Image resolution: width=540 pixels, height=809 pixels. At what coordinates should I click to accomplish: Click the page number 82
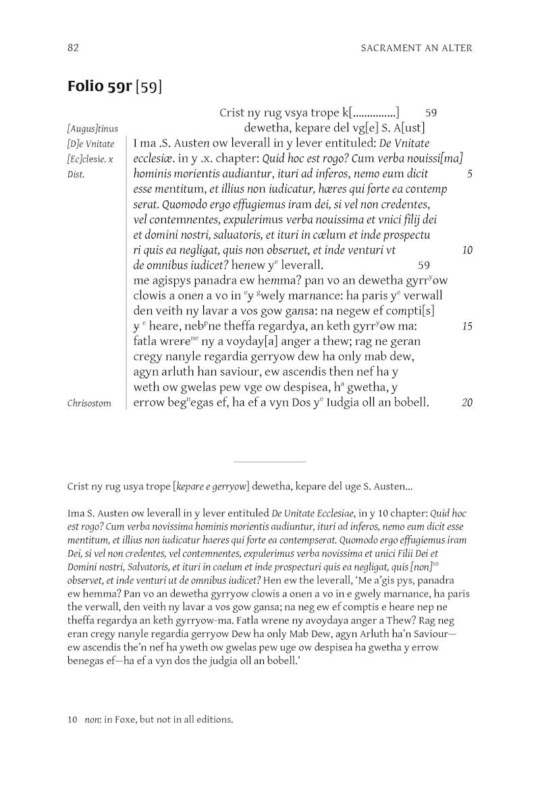click(74, 48)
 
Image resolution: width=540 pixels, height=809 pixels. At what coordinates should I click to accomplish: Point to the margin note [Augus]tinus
click(92, 128)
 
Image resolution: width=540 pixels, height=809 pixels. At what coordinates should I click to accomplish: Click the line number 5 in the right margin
click(469, 174)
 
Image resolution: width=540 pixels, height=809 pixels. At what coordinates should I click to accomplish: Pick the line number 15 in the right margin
click(467, 326)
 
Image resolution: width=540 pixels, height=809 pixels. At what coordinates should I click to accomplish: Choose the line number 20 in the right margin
click(467, 403)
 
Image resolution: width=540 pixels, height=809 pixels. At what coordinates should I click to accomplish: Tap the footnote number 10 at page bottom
click(73, 720)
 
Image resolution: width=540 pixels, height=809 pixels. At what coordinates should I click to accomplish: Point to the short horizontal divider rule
click(269, 462)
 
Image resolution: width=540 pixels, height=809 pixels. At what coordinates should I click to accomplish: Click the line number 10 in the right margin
click(467, 250)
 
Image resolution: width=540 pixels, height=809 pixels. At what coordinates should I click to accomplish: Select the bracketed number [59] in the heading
click(149, 88)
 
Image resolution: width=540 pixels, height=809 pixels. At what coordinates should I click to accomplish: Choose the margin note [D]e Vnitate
click(91, 144)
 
